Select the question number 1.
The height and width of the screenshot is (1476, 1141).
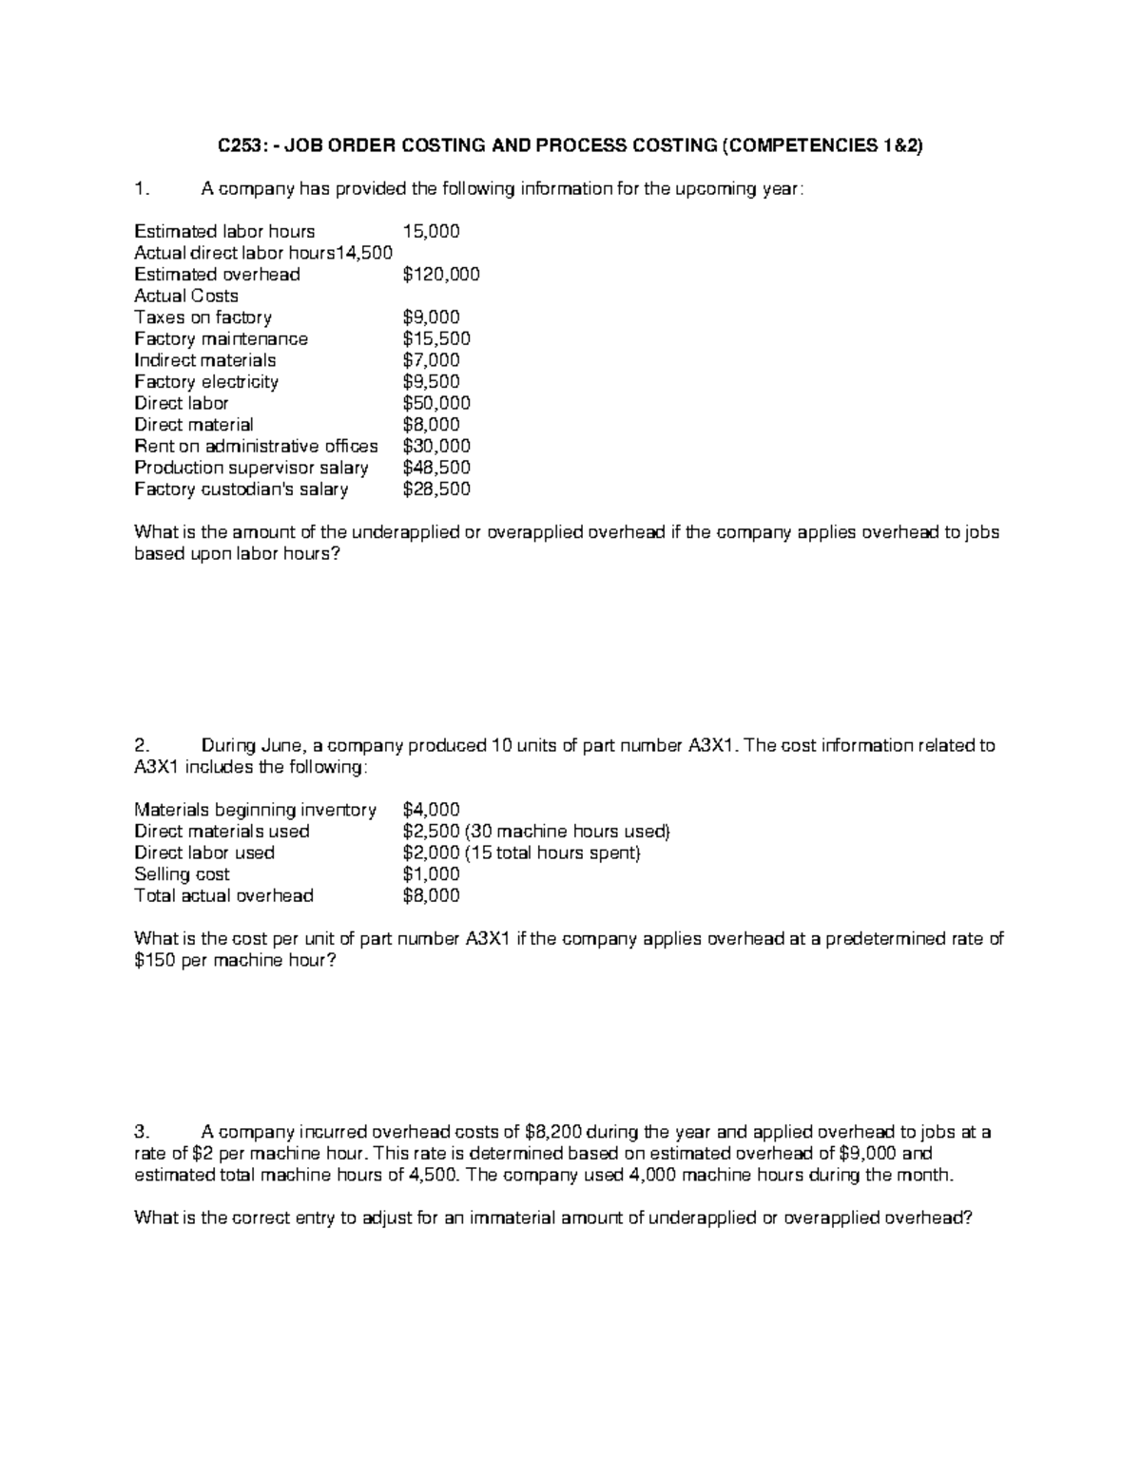pyautogui.click(x=141, y=189)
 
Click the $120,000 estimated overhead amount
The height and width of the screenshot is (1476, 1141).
pyautogui.click(x=440, y=275)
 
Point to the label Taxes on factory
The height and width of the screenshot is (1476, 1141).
pyautogui.click(x=203, y=317)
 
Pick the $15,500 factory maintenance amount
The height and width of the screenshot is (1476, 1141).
pyautogui.click(x=435, y=339)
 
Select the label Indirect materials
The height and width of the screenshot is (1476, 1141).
pyautogui.click(x=204, y=360)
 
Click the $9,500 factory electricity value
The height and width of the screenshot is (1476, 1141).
pyautogui.click(x=431, y=382)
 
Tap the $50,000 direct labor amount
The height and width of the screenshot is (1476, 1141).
pyautogui.click(x=435, y=403)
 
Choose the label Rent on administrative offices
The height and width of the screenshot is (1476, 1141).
pyautogui.click(x=256, y=446)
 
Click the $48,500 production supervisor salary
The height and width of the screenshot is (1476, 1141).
pyautogui.click(x=435, y=468)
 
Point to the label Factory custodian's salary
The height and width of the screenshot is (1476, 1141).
pyautogui.click(x=241, y=489)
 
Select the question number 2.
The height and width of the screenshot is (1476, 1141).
pyautogui.click(x=141, y=746)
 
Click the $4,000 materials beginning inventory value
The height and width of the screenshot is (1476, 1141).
pyautogui.click(x=431, y=810)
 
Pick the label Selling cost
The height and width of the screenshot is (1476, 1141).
pyautogui.click(x=182, y=874)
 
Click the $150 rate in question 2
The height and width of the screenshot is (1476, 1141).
pyautogui.click(x=154, y=961)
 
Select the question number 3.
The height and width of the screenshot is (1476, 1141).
pyautogui.click(x=141, y=1132)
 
